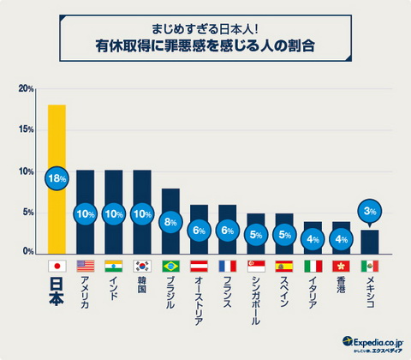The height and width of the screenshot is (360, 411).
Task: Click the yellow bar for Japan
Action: coord(57,137)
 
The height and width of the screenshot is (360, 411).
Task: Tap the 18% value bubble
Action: coord(57,178)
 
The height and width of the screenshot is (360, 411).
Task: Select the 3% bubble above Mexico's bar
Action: coord(369,208)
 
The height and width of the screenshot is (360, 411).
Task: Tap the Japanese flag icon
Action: coord(57,266)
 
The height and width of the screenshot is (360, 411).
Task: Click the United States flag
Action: coord(85,266)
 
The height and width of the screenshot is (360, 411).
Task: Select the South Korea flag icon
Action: coord(142,266)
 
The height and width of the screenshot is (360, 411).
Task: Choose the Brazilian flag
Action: coord(170,266)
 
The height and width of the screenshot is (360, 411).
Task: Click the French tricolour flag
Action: coord(227,266)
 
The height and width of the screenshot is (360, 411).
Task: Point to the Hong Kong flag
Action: coord(341,266)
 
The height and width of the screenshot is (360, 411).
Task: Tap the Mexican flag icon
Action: coord(369,266)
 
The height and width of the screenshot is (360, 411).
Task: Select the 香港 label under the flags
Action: coord(341,287)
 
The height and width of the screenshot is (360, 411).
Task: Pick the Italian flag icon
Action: coord(313,266)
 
